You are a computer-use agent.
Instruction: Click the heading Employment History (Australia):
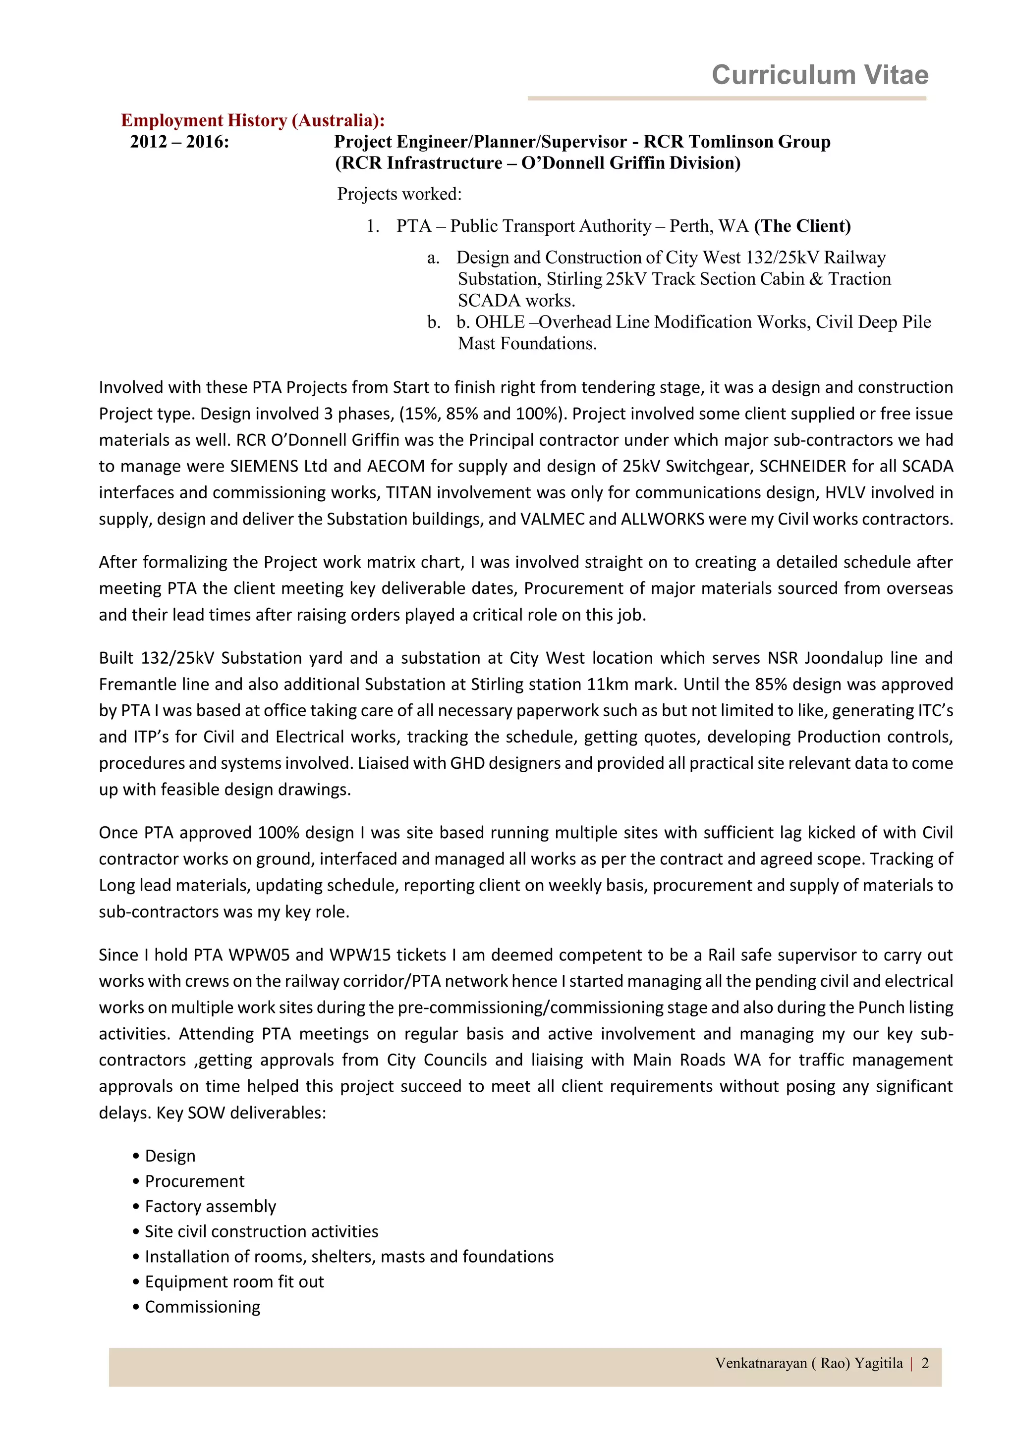coord(252,120)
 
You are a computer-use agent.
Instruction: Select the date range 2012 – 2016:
coord(179,142)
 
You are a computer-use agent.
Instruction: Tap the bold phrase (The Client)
coord(802,226)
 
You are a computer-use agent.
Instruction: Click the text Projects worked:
coord(399,194)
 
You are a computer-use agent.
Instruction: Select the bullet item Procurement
coord(194,1181)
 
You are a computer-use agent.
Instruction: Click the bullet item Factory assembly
coord(210,1206)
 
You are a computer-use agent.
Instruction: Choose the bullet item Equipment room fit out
coord(234,1282)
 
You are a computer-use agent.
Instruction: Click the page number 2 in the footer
coord(925,1363)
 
